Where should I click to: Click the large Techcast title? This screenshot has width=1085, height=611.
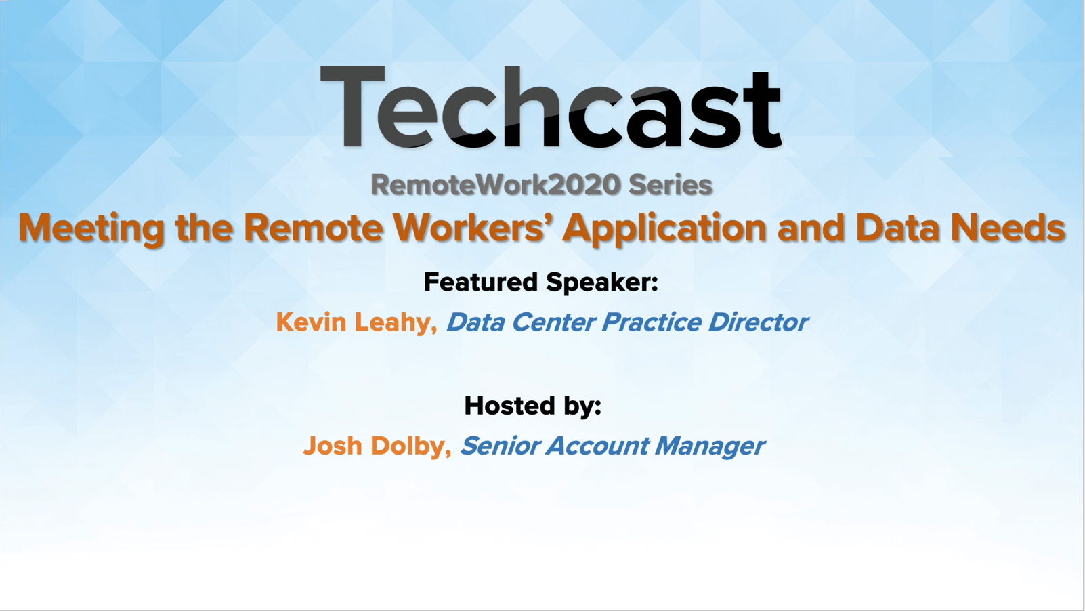[x=551, y=106]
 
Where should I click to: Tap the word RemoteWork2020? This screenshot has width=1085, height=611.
[x=496, y=185]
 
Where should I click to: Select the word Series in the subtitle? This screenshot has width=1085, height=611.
[x=671, y=185]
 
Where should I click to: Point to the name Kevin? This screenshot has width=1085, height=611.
[x=312, y=322]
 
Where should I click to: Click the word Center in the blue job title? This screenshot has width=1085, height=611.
[x=553, y=322]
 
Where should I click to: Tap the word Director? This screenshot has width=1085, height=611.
[x=758, y=322]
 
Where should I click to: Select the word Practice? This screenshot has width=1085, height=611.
[x=652, y=322]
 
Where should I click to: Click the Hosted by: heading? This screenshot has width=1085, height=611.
[x=533, y=406]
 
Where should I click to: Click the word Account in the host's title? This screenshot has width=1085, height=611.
[x=597, y=446]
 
